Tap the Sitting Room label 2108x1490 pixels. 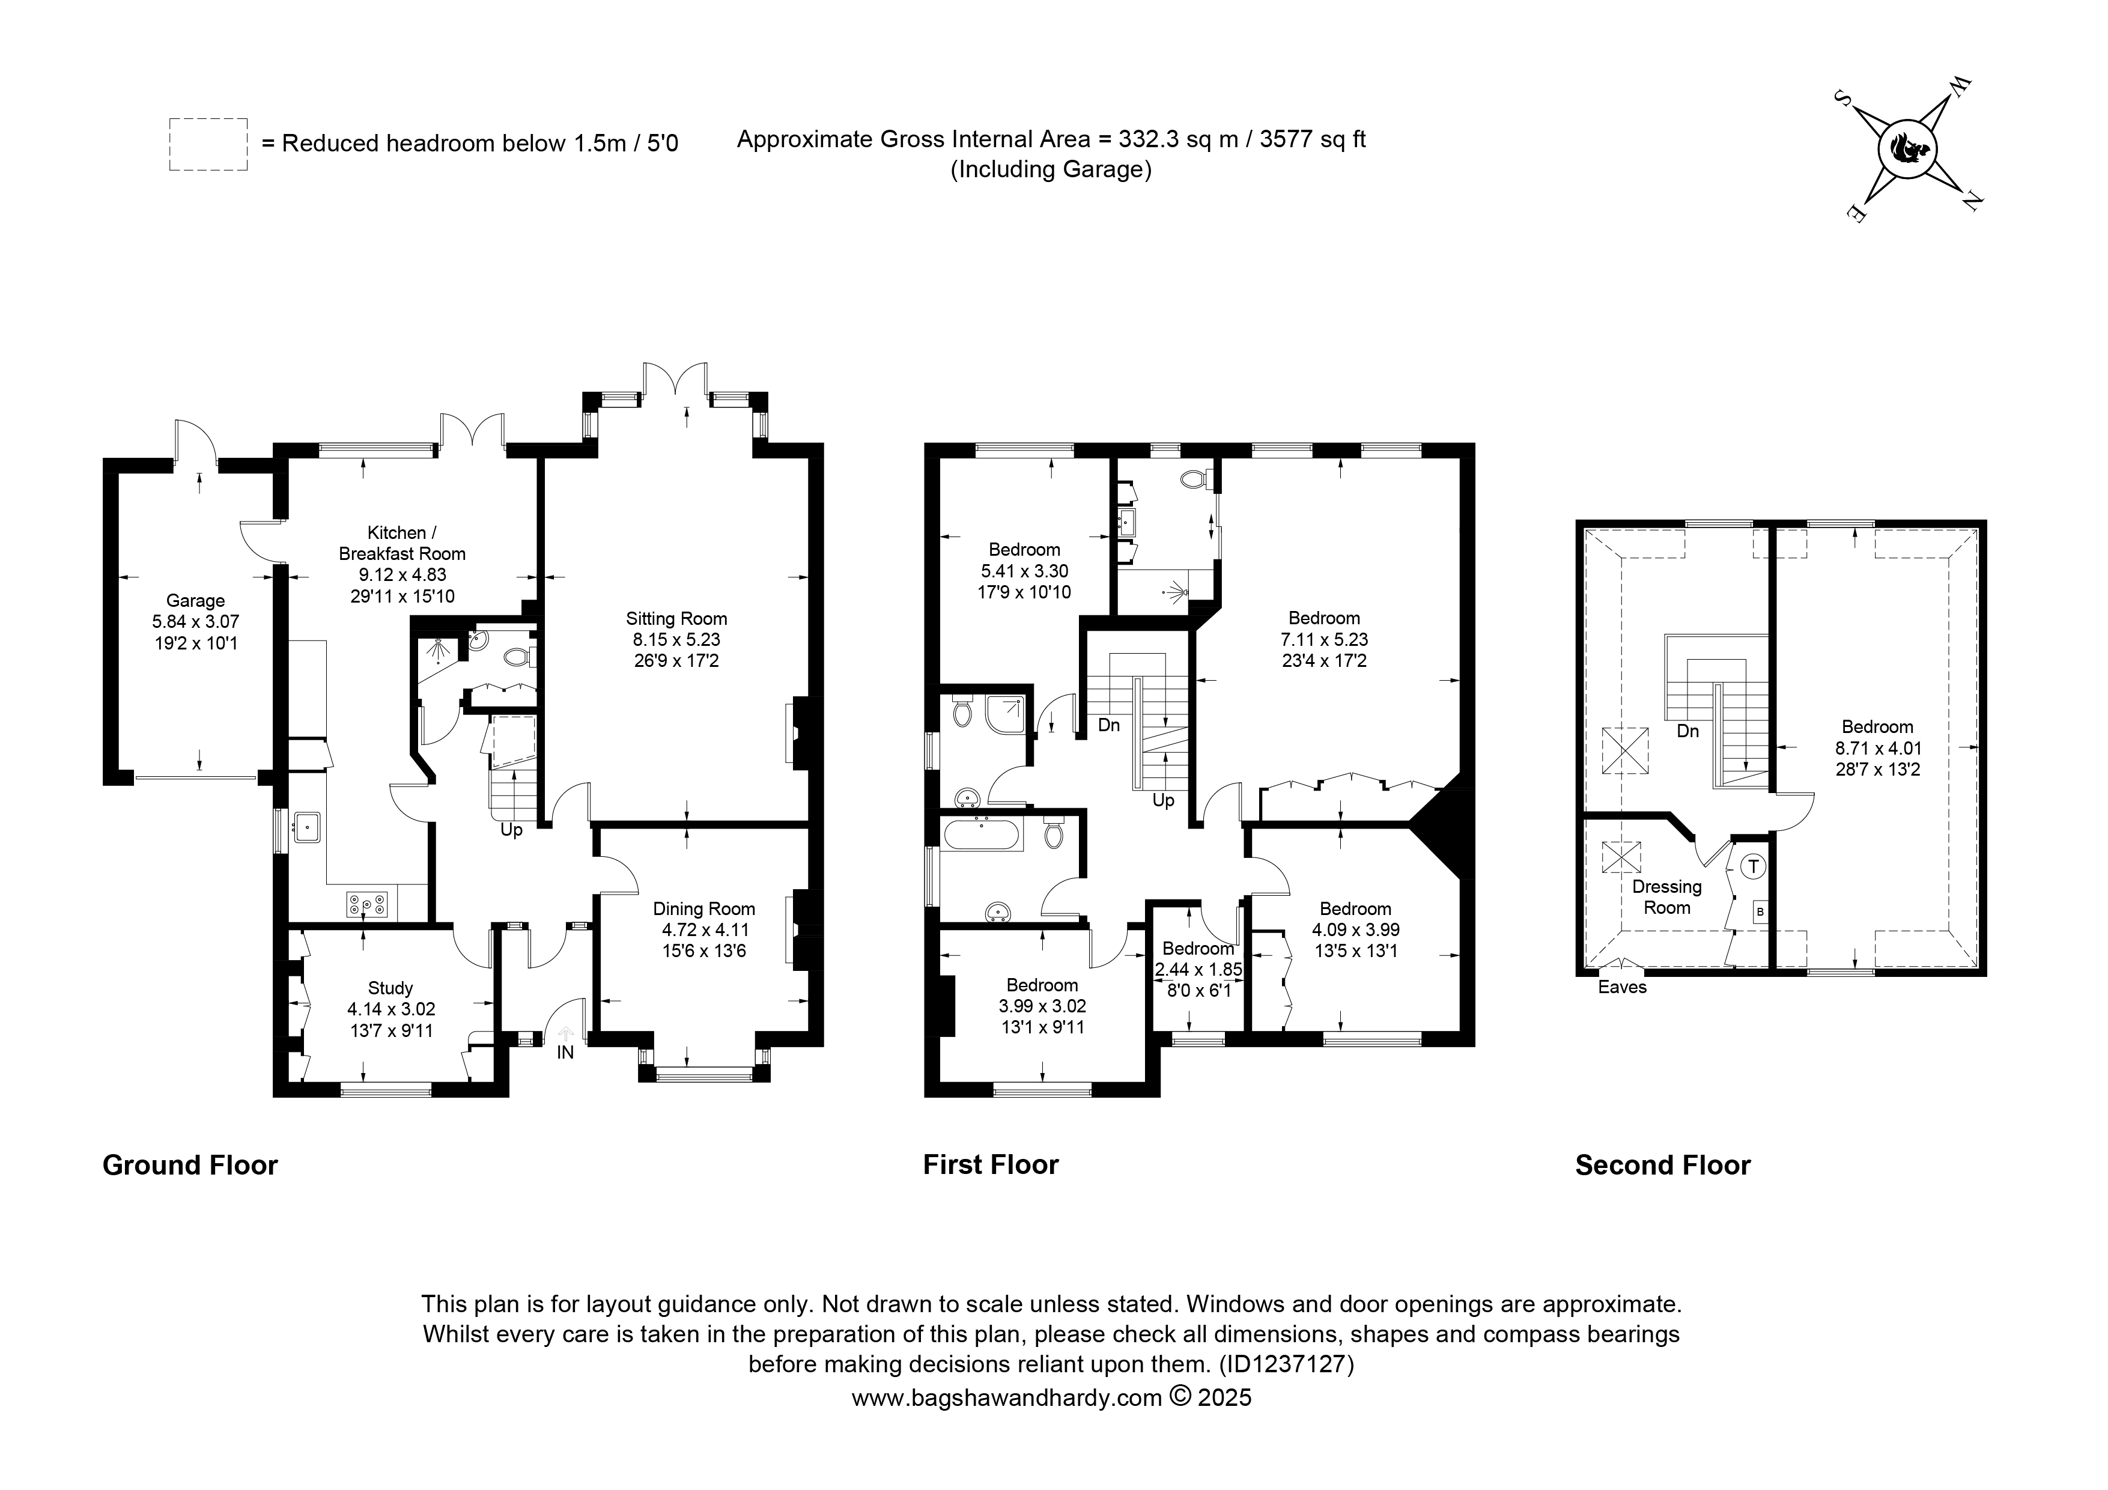coord(676,619)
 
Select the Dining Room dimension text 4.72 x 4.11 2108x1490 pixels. coord(704,930)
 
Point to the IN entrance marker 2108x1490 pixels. coord(565,1052)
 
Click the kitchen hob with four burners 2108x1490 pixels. coord(367,905)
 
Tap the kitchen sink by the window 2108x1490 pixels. coord(306,827)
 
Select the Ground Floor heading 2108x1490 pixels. coord(190,1165)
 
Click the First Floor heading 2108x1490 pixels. coord(991,1165)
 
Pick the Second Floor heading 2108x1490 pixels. coord(1663,1165)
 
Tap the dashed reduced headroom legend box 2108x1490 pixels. coord(208,144)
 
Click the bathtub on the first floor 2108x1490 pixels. coord(982,835)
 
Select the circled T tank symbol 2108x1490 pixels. coord(1753,866)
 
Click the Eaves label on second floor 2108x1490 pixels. coord(1623,988)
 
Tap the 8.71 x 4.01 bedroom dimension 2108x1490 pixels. coord(1877,748)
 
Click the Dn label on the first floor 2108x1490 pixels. coord(1109,725)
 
